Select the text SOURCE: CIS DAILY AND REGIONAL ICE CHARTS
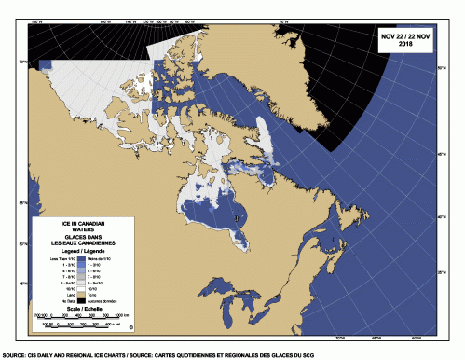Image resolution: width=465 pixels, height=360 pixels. [75, 355]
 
